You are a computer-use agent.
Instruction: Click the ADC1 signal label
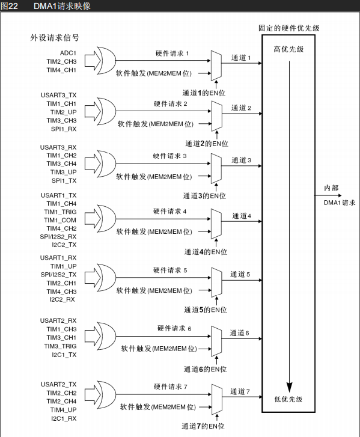pyautogui.click(x=68, y=53)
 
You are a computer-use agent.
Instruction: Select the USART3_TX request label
pyautogui.click(x=58, y=95)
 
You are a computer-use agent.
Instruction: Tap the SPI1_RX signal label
pyautogui.click(x=64, y=129)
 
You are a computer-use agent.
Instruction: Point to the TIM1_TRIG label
pyautogui.click(x=60, y=212)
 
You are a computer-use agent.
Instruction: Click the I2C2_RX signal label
pyautogui.click(x=62, y=299)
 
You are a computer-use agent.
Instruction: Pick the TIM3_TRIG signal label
pyautogui.click(x=60, y=346)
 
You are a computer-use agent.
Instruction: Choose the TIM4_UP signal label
pyautogui.click(x=63, y=410)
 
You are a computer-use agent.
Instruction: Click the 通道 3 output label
pyautogui.click(x=241, y=160)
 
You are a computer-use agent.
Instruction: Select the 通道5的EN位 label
pyautogui.click(x=206, y=310)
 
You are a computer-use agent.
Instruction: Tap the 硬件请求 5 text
pyautogui.click(x=170, y=270)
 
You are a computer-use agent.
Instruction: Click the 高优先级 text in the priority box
pyautogui.click(x=288, y=49)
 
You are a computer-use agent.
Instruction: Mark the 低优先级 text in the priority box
pyautogui.click(x=288, y=399)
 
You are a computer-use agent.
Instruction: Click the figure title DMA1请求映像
pyautogui.click(x=62, y=6)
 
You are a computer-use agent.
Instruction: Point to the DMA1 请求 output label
pyautogui.click(x=340, y=203)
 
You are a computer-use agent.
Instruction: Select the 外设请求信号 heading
pyautogui.click(x=55, y=38)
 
